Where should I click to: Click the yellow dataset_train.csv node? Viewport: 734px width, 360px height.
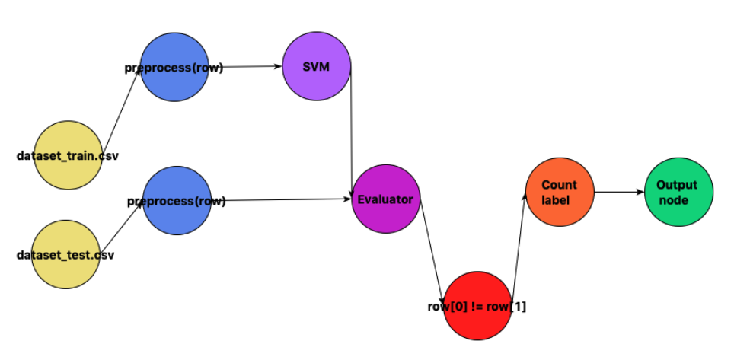[x=68, y=155]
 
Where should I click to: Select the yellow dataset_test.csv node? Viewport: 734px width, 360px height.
[x=68, y=254]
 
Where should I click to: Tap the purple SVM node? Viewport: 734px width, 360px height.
[x=317, y=66]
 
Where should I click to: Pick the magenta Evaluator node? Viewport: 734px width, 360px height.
[x=386, y=199]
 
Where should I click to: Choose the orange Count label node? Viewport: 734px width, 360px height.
[x=560, y=192]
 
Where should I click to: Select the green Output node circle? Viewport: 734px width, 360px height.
[x=678, y=192]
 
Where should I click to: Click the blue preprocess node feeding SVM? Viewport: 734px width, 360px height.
[x=174, y=67]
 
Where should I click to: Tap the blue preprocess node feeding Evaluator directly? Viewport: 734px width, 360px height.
[x=176, y=201]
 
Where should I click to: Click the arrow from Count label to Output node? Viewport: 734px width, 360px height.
[x=618, y=192]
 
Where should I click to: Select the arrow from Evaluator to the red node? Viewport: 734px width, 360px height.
[x=432, y=244]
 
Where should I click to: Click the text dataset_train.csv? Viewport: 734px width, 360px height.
[x=68, y=156]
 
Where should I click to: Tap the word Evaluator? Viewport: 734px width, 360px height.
[x=385, y=199]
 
